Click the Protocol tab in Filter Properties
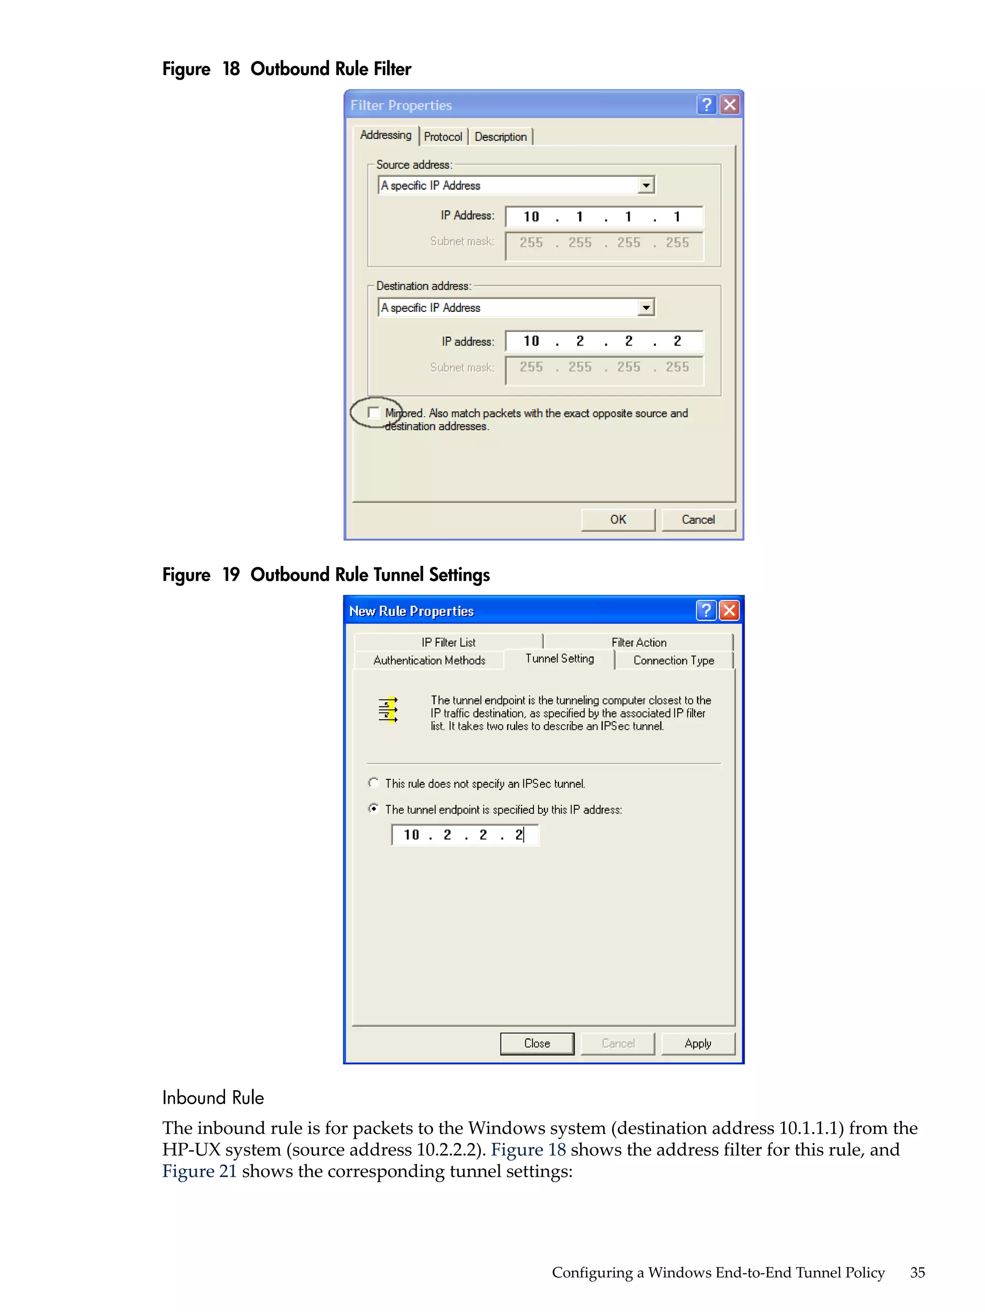click(442, 137)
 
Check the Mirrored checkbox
click(373, 412)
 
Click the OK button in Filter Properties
click(618, 520)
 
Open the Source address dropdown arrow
click(646, 186)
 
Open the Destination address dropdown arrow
click(646, 307)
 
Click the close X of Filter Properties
click(730, 105)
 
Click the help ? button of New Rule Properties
click(705, 611)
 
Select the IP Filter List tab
click(448, 642)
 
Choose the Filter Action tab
click(639, 642)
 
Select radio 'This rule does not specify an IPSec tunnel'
click(373, 783)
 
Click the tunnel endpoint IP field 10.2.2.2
click(464, 835)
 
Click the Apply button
click(697, 1044)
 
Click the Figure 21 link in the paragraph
click(199, 1172)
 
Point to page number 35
click(917, 1272)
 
